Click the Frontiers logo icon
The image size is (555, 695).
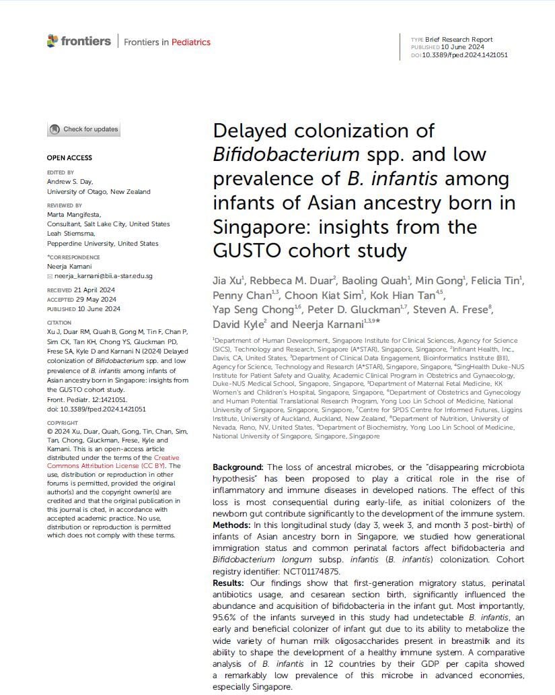52,41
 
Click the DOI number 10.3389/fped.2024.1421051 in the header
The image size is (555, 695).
464,55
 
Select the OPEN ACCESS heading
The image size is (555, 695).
69,158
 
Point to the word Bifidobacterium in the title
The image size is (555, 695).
285,154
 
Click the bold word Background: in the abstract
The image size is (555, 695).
237,467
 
